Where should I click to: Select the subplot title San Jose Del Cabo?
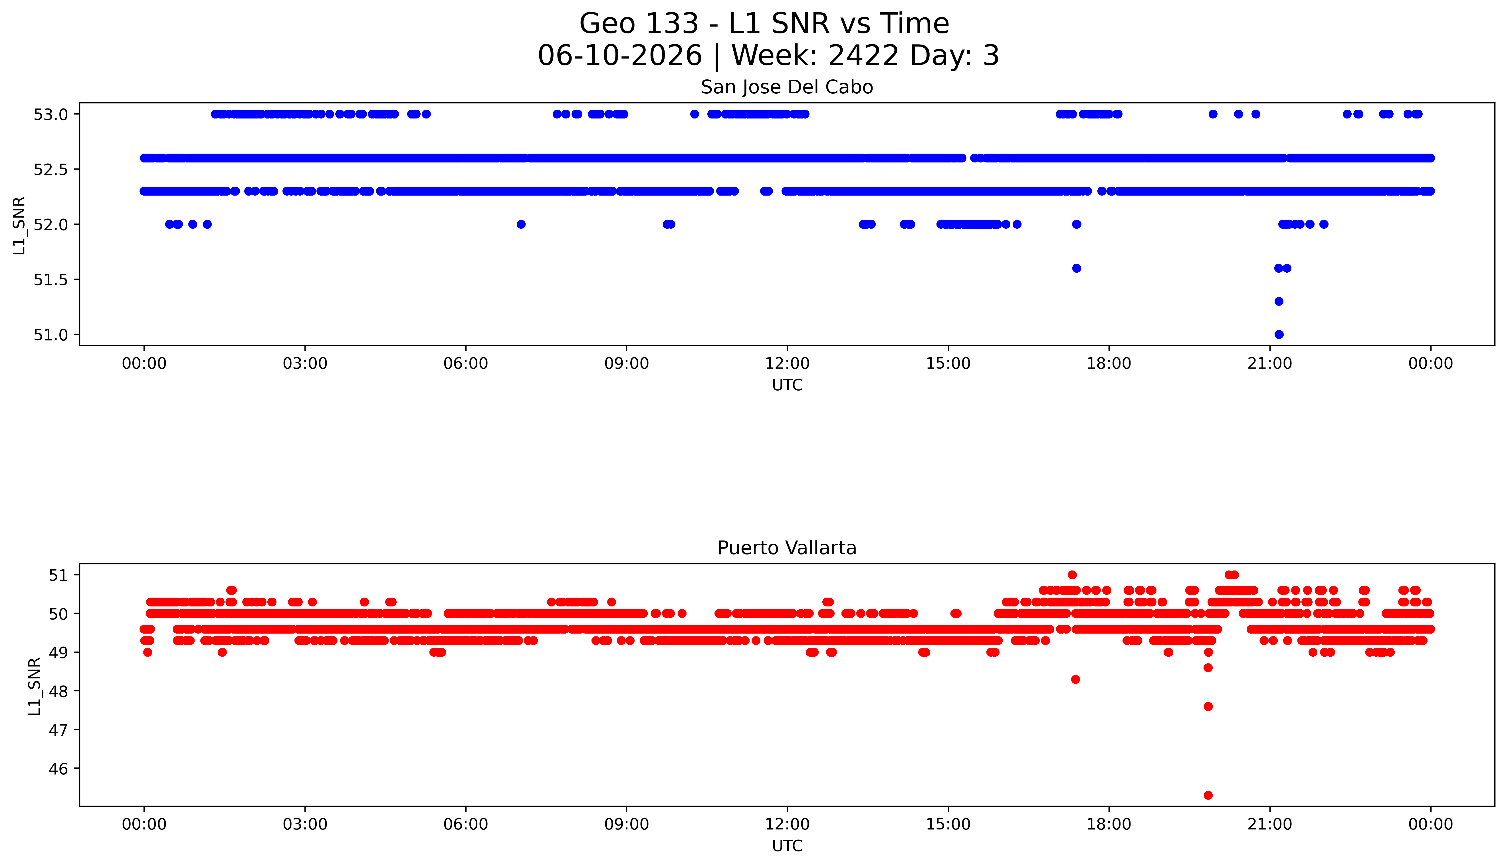coord(787,87)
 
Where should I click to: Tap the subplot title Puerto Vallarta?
coord(787,548)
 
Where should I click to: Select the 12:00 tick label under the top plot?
coord(788,363)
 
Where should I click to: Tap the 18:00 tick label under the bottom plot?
coord(1109,824)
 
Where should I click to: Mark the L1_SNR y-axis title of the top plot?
coord(19,225)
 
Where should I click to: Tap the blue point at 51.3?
coord(1279,302)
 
